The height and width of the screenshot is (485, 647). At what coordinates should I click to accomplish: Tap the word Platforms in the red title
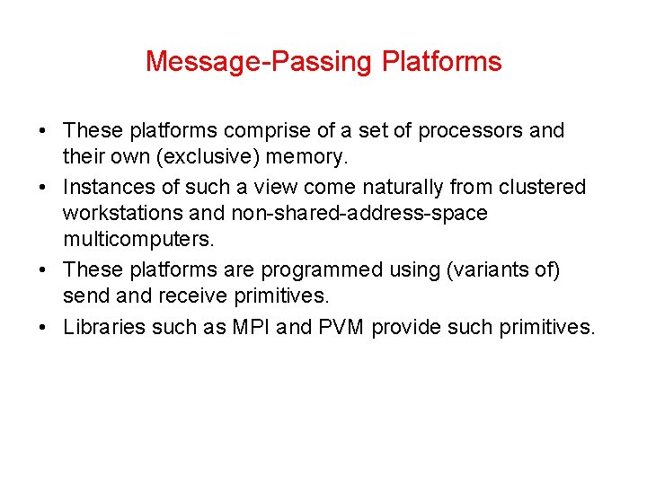(441, 62)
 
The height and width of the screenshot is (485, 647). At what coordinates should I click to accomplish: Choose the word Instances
(105, 187)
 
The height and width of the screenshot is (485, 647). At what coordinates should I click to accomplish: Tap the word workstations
(120, 215)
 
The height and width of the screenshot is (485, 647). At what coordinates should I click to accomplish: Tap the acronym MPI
(251, 326)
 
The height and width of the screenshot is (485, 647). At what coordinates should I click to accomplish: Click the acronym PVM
(341, 326)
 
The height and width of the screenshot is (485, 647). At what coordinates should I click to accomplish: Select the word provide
(404, 326)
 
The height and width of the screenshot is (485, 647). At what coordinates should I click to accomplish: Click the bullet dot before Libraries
(44, 326)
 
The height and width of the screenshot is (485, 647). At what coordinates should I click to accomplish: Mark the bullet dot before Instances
(44, 187)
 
